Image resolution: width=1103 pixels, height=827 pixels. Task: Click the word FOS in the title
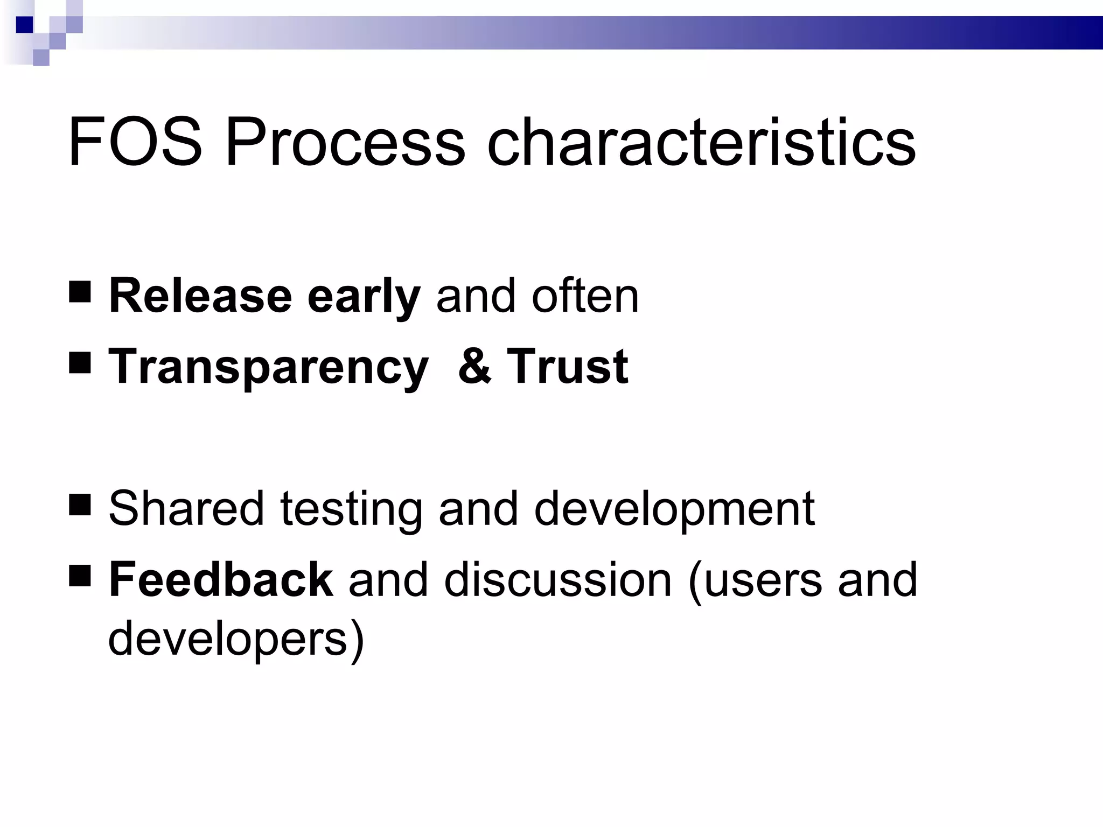pyautogui.click(x=135, y=143)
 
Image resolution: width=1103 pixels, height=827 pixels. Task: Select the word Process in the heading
pyautogui.click(x=345, y=143)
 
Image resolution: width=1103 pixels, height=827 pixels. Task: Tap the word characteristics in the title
pyautogui.click(x=701, y=143)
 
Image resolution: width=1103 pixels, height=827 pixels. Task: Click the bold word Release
pyautogui.click(x=200, y=296)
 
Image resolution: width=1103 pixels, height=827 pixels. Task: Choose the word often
pyautogui.click(x=585, y=296)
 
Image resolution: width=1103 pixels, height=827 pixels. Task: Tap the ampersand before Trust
pyautogui.click(x=474, y=367)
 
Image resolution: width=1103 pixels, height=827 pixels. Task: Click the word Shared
pyautogui.click(x=186, y=508)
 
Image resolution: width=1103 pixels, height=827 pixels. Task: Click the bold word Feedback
pyautogui.click(x=221, y=580)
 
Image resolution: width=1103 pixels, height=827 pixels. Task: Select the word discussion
pyautogui.click(x=558, y=580)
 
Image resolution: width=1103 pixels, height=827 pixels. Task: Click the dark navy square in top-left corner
pyautogui.click(x=25, y=25)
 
